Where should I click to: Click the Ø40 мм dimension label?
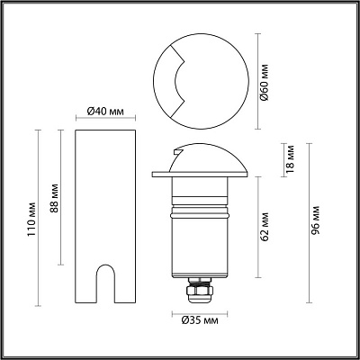point(105,112)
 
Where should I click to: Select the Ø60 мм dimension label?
point(265,82)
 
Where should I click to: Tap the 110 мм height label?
point(31,220)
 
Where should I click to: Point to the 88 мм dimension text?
point(55,198)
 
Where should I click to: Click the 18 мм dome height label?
point(290,159)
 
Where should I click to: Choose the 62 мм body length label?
point(265,227)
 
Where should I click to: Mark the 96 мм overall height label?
point(315,220)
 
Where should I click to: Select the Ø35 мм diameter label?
point(200,320)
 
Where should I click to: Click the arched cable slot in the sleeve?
point(105,283)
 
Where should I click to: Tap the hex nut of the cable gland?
point(200,290)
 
